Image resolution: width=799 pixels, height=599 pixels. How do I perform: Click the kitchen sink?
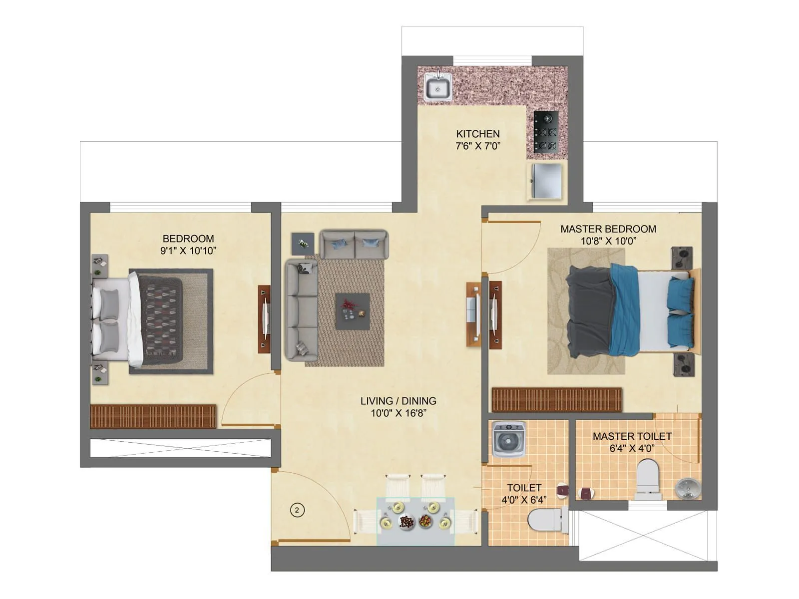click(438, 87)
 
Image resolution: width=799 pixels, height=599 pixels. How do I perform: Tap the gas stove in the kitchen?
click(545, 132)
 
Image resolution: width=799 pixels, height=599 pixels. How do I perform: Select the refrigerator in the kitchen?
click(547, 181)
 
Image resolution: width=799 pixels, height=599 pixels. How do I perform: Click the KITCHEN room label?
click(478, 134)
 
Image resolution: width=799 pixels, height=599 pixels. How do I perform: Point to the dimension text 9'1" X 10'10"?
click(188, 251)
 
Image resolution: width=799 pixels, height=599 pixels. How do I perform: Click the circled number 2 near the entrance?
click(297, 510)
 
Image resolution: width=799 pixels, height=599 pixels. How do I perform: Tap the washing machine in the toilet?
click(509, 439)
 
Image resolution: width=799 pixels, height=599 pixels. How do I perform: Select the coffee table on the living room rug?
click(353, 311)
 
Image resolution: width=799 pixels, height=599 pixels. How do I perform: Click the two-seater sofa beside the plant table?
click(354, 244)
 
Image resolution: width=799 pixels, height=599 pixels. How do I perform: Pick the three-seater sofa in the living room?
click(301, 309)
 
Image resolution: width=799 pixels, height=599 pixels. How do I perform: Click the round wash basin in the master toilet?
click(687, 488)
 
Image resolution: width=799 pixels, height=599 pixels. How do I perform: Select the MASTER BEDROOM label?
click(608, 229)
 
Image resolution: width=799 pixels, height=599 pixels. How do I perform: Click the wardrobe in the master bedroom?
click(557, 399)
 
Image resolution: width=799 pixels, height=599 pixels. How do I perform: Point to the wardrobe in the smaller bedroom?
click(153, 416)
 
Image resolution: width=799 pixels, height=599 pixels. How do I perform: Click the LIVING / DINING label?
click(398, 401)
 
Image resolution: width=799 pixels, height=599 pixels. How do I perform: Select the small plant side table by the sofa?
click(303, 244)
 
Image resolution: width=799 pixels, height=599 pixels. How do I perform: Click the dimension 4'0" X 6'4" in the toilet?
click(524, 499)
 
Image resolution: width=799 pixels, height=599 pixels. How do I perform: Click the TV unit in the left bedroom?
click(264, 318)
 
